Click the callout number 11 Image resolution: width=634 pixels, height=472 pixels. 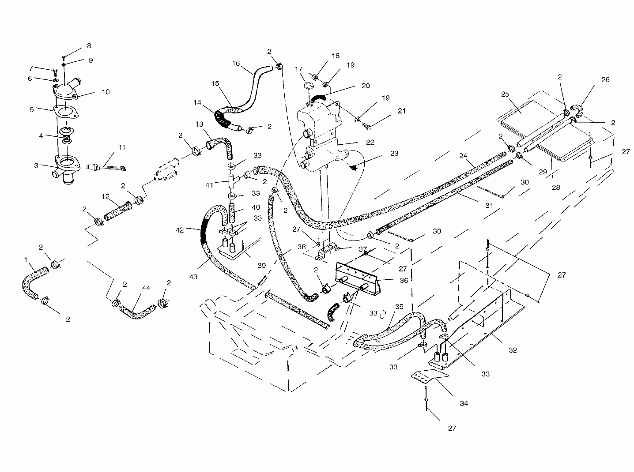coord(122,147)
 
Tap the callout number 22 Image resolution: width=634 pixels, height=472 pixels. coord(370,142)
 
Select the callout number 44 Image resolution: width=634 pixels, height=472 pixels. coord(146,288)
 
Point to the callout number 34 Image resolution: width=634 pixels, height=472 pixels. coord(464,403)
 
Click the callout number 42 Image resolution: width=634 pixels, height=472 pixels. coord(180,230)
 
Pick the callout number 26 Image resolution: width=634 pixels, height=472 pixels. coord(605,80)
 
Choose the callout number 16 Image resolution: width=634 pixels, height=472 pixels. coord(236,63)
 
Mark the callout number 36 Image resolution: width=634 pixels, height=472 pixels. coord(404,280)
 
